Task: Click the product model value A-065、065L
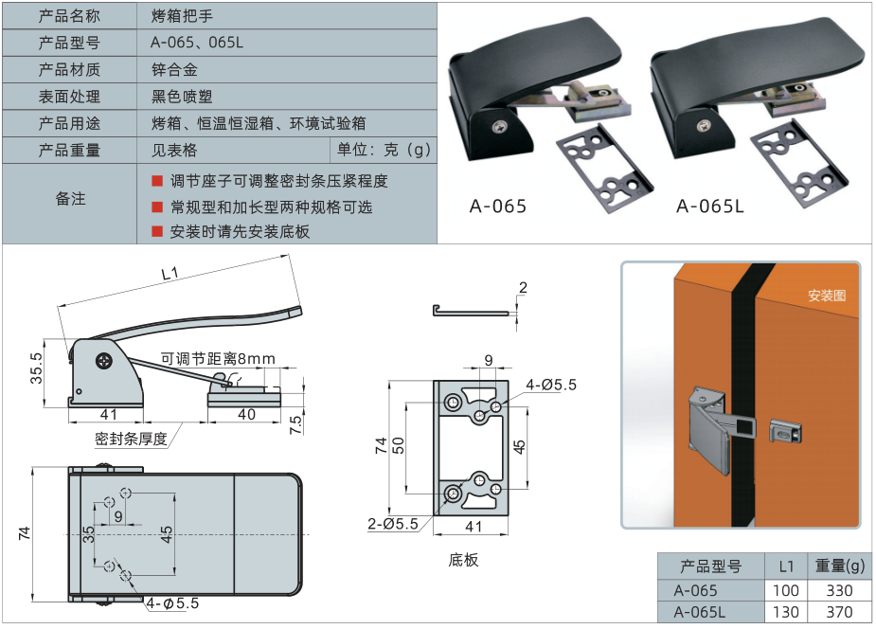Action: coord(197,43)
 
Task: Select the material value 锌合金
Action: coord(174,70)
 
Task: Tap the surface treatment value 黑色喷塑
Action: coord(182,97)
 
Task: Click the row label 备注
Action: coord(70,198)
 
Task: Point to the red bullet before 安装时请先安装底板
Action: coord(157,231)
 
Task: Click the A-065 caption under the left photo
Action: coord(498,207)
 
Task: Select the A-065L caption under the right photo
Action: coord(710,207)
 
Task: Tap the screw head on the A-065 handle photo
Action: coord(498,126)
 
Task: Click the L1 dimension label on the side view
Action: coord(170,273)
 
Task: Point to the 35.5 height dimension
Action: coord(36,368)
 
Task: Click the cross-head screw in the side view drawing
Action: coord(104,361)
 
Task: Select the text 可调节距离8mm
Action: coord(218,359)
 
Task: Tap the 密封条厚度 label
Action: coord(132,439)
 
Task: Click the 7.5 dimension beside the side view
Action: coord(295,424)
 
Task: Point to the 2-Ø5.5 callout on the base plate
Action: coord(393,524)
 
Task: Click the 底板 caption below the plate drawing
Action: coord(463,560)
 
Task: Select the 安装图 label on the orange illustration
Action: coord(827,295)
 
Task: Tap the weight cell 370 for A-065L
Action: coord(839,612)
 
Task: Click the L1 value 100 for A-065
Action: coord(785,590)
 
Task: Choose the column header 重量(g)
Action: coord(840,566)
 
